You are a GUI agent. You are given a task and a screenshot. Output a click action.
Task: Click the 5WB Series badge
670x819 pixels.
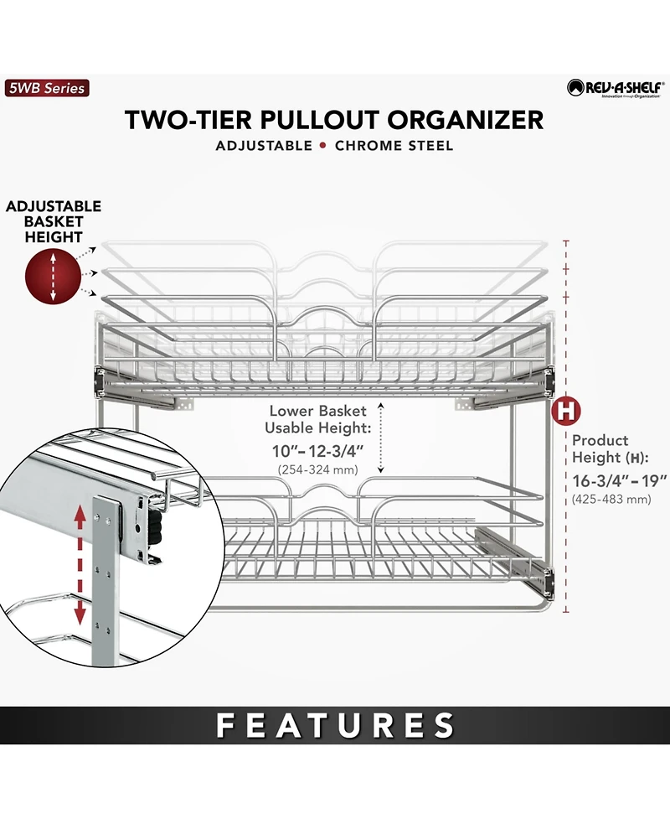[47, 88]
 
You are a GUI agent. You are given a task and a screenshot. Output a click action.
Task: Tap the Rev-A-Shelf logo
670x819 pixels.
[616, 88]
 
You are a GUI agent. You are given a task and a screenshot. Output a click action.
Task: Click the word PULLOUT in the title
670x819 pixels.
[320, 120]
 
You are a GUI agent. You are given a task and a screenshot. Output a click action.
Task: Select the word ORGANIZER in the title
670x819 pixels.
[465, 120]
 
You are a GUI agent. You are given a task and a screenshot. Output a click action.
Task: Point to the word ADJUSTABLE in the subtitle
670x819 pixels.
[264, 146]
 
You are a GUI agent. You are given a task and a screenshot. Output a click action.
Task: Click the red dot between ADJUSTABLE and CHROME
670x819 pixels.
[323, 146]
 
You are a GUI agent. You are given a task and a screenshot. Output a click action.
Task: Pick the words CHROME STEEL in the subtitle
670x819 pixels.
[394, 146]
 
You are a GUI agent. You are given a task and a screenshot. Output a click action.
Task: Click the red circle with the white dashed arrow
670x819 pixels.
[54, 277]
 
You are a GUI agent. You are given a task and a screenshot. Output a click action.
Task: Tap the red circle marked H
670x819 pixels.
[566, 411]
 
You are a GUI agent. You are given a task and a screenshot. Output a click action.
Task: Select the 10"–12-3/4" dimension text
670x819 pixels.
[317, 451]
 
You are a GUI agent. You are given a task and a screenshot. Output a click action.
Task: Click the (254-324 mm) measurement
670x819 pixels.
[317, 469]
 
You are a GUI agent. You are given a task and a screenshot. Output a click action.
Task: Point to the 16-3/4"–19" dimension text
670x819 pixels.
[620, 480]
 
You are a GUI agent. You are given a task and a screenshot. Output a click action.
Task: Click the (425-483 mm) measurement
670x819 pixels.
[611, 500]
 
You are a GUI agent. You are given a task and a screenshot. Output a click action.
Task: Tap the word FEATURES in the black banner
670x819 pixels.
[335, 725]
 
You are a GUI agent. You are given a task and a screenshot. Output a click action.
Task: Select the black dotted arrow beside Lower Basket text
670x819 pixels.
[381, 438]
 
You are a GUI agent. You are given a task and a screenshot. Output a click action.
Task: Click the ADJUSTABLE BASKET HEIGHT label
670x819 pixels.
[54, 221]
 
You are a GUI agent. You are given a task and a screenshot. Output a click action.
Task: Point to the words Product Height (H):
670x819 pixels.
[610, 448]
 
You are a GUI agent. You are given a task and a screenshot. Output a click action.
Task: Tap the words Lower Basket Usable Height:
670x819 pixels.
[317, 419]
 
